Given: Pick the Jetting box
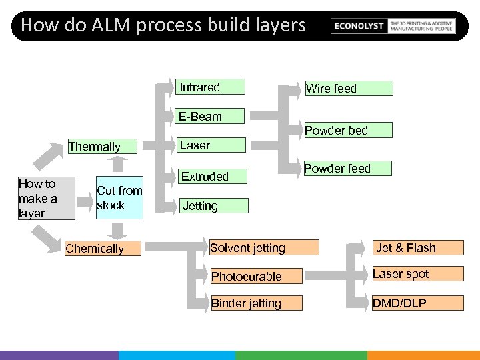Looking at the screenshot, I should [x=213, y=205].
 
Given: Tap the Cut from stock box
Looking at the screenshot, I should [x=119, y=198].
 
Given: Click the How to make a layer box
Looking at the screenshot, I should [x=45, y=198].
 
